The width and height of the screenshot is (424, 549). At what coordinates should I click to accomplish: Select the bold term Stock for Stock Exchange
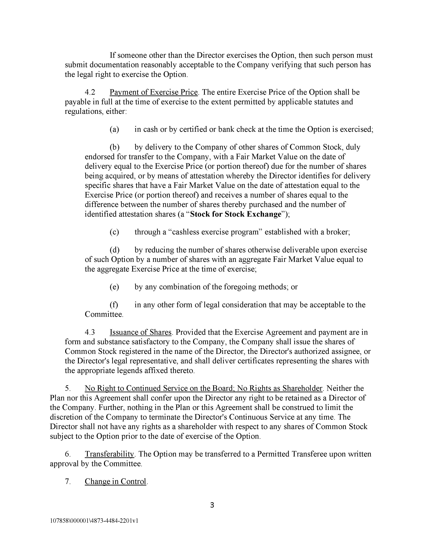[235, 214]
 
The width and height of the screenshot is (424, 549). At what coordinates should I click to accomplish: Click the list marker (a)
[114, 129]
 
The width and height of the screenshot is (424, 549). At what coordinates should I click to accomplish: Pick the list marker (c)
[114, 232]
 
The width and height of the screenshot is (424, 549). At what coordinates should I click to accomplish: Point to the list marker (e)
[114, 287]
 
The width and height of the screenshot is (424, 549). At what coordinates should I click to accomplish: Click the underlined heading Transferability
[110, 454]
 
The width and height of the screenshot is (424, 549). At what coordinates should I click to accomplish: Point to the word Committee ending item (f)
[104, 314]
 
